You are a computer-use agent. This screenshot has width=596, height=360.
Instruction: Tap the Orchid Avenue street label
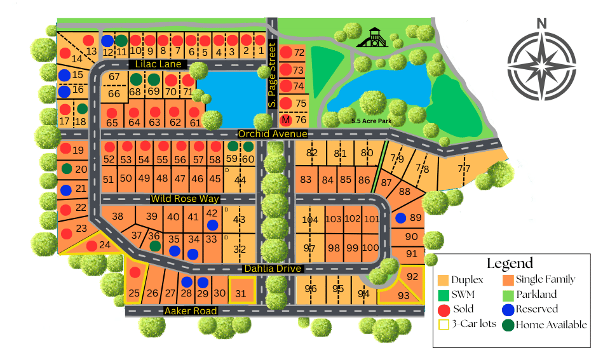273,134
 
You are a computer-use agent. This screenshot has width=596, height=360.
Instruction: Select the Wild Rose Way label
185,199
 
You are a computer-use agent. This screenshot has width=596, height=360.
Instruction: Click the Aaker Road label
191,311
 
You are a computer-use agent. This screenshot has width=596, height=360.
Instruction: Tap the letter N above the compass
541,23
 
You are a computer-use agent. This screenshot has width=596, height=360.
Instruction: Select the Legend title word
510,263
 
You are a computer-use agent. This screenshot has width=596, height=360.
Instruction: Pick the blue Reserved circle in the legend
508,309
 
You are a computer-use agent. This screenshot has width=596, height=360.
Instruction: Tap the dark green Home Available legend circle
508,325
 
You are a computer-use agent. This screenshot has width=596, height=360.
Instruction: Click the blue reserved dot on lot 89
401,218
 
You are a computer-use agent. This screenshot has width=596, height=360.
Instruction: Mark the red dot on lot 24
91,246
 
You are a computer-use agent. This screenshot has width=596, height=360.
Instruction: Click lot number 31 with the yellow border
240,293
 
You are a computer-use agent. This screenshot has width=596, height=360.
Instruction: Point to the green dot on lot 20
66,169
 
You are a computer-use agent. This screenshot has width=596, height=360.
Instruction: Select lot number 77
464,168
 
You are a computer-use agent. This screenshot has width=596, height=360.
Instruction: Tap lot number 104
310,220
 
